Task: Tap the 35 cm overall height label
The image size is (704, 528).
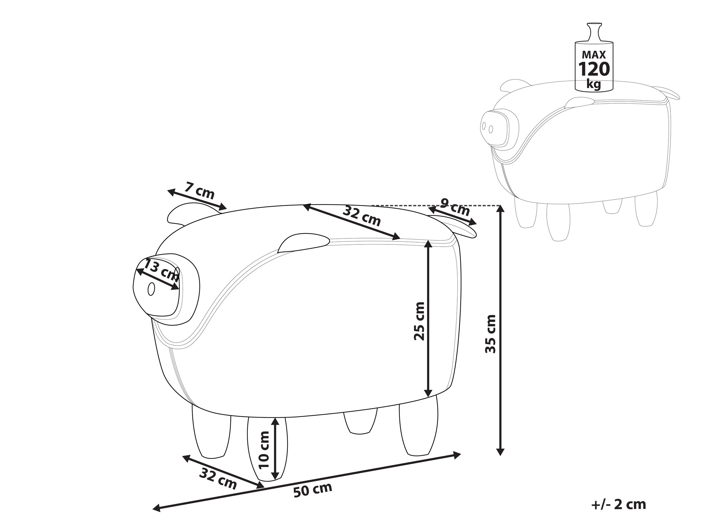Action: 490,334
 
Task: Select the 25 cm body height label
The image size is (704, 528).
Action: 419,321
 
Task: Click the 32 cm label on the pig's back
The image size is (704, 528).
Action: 362,216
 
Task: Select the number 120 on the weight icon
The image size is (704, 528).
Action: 594,69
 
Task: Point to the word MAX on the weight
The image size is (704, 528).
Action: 594,54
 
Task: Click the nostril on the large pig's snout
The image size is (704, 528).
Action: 151,289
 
